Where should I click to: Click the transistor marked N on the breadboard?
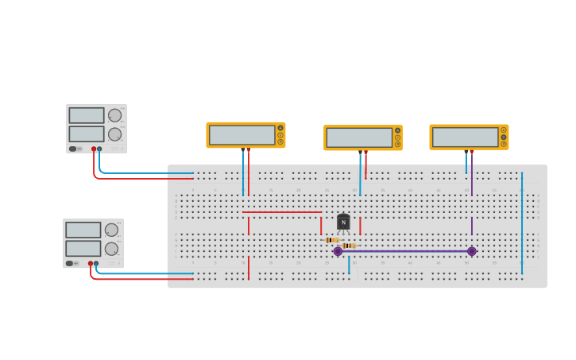(343, 223)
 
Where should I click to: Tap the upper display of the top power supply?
(86, 115)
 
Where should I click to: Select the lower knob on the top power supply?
(114, 134)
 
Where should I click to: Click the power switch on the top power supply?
(73, 149)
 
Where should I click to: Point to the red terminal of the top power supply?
(94, 149)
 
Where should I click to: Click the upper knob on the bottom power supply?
(111, 230)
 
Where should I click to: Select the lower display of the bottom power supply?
(83, 248)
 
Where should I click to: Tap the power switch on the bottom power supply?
(70, 263)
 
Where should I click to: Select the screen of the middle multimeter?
(359, 137)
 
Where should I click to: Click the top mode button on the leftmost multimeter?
(280, 128)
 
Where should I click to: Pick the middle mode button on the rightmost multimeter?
(504, 137)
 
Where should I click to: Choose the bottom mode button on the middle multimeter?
(397, 145)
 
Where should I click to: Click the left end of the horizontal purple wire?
(338, 251)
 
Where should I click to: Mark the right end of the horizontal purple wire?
(471, 251)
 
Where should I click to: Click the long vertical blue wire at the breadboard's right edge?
(522, 223)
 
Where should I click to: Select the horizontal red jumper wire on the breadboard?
(282, 212)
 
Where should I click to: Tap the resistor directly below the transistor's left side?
(332, 239)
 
